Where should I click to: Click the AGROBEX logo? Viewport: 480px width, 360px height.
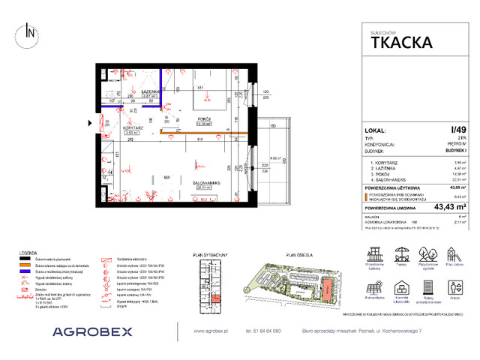91,330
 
